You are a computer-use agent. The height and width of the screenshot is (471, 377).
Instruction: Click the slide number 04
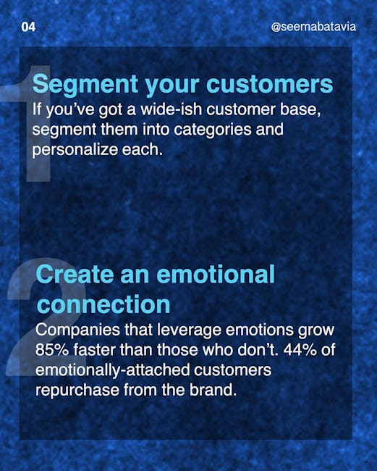click(x=28, y=27)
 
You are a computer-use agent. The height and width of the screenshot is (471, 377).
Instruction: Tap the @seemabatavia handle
click(x=313, y=27)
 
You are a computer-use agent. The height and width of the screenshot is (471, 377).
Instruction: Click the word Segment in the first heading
click(x=85, y=85)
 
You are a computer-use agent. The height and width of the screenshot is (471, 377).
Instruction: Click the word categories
click(x=213, y=130)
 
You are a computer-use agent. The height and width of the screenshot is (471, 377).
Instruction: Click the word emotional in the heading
click(x=216, y=274)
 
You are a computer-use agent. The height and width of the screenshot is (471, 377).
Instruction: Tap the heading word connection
click(x=103, y=304)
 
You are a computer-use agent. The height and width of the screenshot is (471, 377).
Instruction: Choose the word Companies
click(x=77, y=330)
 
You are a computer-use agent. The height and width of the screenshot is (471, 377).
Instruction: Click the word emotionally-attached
click(x=112, y=370)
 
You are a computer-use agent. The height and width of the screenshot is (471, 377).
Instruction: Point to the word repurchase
click(x=77, y=391)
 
